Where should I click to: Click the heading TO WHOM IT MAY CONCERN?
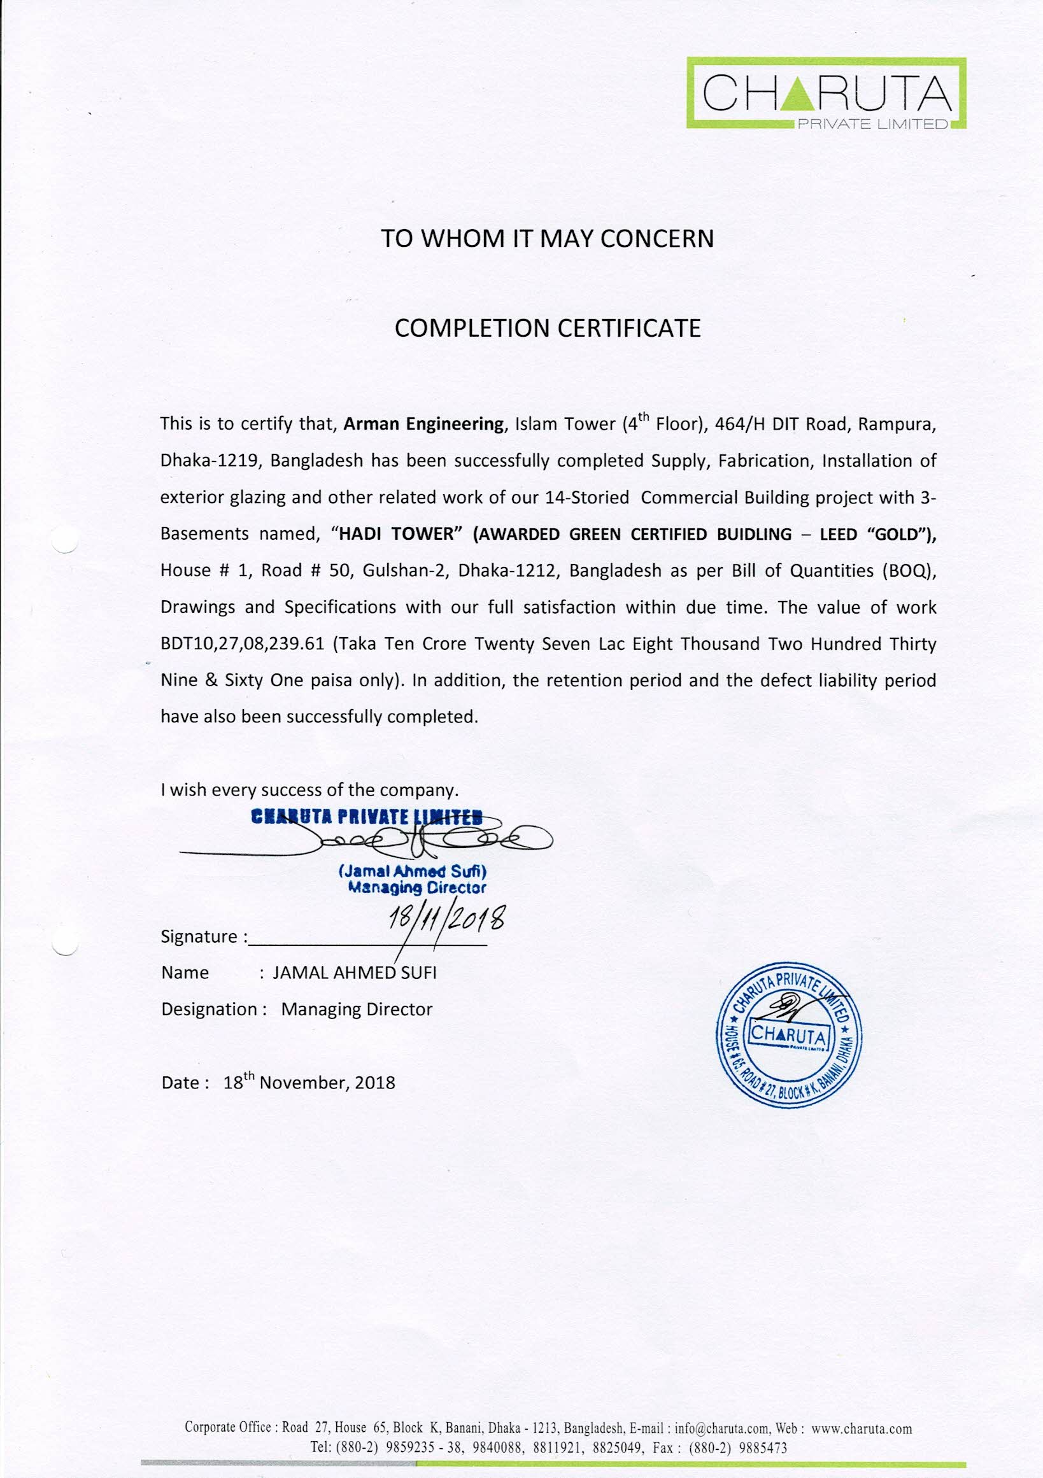pyautogui.click(x=547, y=239)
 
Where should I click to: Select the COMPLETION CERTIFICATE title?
pyautogui.click(x=547, y=328)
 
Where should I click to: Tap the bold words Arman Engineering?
pyautogui.click(x=423, y=424)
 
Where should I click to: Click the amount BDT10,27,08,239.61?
pyautogui.click(x=242, y=644)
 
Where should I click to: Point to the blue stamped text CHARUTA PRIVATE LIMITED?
pyautogui.click(x=366, y=817)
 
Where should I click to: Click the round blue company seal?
pyautogui.click(x=789, y=1034)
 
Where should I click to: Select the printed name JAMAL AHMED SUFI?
pyautogui.click(x=355, y=973)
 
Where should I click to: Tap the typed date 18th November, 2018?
pyautogui.click(x=309, y=1083)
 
